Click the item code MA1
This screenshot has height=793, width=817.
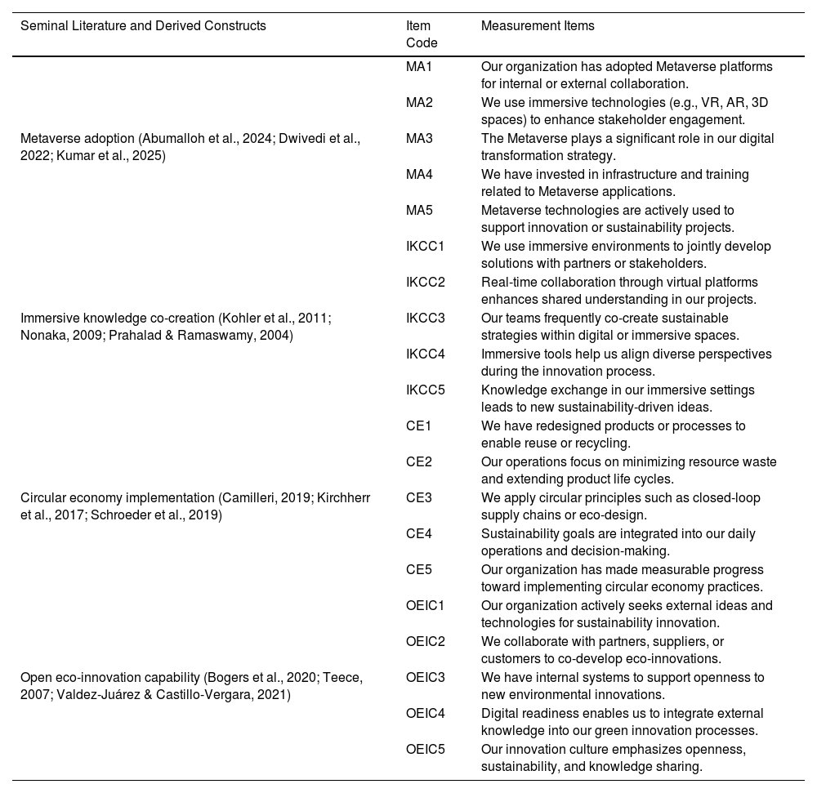pyautogui.click(x=419, y=66)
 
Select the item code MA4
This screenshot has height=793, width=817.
pyautogui.click(x=419, y=174)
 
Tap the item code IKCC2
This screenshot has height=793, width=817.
pyautogui.click(x=426, y=282)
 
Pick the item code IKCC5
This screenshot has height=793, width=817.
pyautogui.click(x=426, y=390)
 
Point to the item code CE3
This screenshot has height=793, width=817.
pyautogui.click(x=419, y=497)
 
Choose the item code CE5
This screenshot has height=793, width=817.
pyautogui.click(x=419, y=569)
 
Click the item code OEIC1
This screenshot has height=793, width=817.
pyautogui.click(x=426, y=605)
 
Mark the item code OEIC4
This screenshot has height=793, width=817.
pyautogui.click(x=426, y=713)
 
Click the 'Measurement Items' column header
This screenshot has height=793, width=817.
pyautogui.click(x=538, y=25)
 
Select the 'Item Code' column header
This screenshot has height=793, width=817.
pyautogui.click(x=422, y=34)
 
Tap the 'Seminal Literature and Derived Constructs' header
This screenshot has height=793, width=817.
pyautogui.click(x=143, y=25)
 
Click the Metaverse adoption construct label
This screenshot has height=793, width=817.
pyautogui.click(x=190, y=146)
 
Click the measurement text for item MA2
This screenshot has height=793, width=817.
pyautogui.click(x=624, y=110)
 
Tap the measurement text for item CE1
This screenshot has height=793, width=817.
pyautogui.click(x=613, y=434)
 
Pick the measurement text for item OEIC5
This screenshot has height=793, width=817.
pyautogui.click(x=613, y=757)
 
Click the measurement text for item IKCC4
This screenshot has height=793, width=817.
pyautogui.click(x=626, y=362)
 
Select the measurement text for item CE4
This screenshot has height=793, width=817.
pyautogui.click(x=618, y=541)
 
